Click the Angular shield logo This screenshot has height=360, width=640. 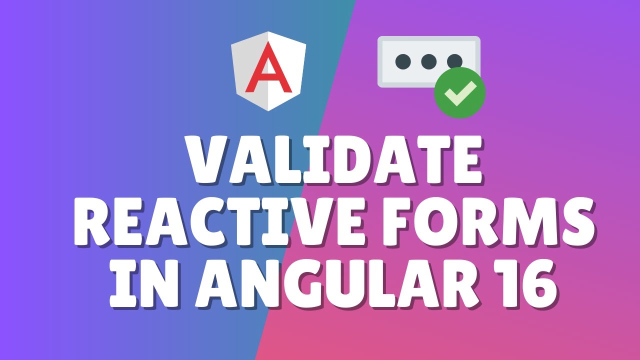[268, 71]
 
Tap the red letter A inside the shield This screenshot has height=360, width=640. [268, 69]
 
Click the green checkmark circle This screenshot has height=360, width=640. [459, 92]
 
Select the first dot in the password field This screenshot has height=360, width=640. [402, 61]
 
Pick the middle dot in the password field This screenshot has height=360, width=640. [428, 61]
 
